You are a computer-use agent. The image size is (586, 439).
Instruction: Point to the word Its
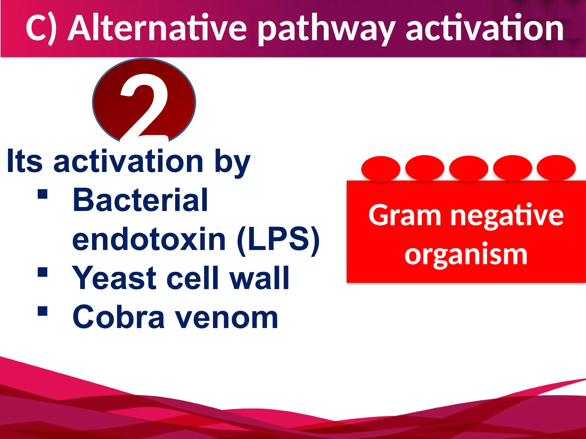[x=25, y=161]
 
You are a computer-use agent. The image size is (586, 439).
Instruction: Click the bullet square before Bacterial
[x=42, y=194]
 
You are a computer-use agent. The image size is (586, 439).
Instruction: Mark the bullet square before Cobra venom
[x=42, y=311]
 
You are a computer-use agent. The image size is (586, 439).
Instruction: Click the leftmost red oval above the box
[x=381, y=169]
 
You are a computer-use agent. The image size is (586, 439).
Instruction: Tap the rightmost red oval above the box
[x=556, y=168]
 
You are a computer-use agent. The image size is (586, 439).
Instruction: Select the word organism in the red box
[x=466, y=254]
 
